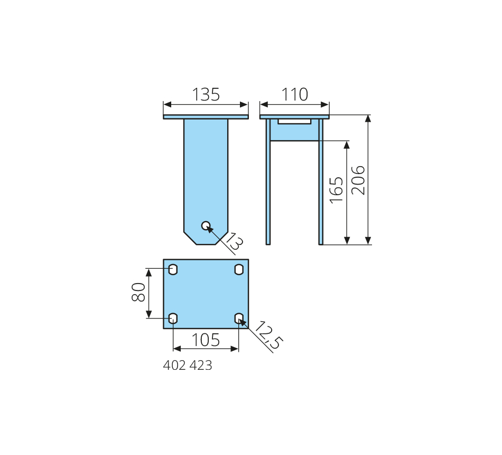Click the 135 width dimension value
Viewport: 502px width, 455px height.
pyautogui.click(x=206, y=95)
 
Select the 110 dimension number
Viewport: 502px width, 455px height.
pyautogui.click(x=294, y=95)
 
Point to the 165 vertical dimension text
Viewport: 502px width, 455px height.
pyautogui.click(x=337, y=190)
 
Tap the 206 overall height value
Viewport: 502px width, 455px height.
pyautogui.click(x=358, y=180)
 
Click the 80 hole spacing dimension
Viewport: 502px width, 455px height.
pyautogui.click(x=138, y=292)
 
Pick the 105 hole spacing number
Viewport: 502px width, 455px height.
pyautogui.click(x=206, y=340)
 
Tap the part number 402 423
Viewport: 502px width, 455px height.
pyautogui.click(x=188, y=366)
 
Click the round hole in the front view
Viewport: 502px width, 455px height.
pyautogui.click(x=206, y=226)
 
